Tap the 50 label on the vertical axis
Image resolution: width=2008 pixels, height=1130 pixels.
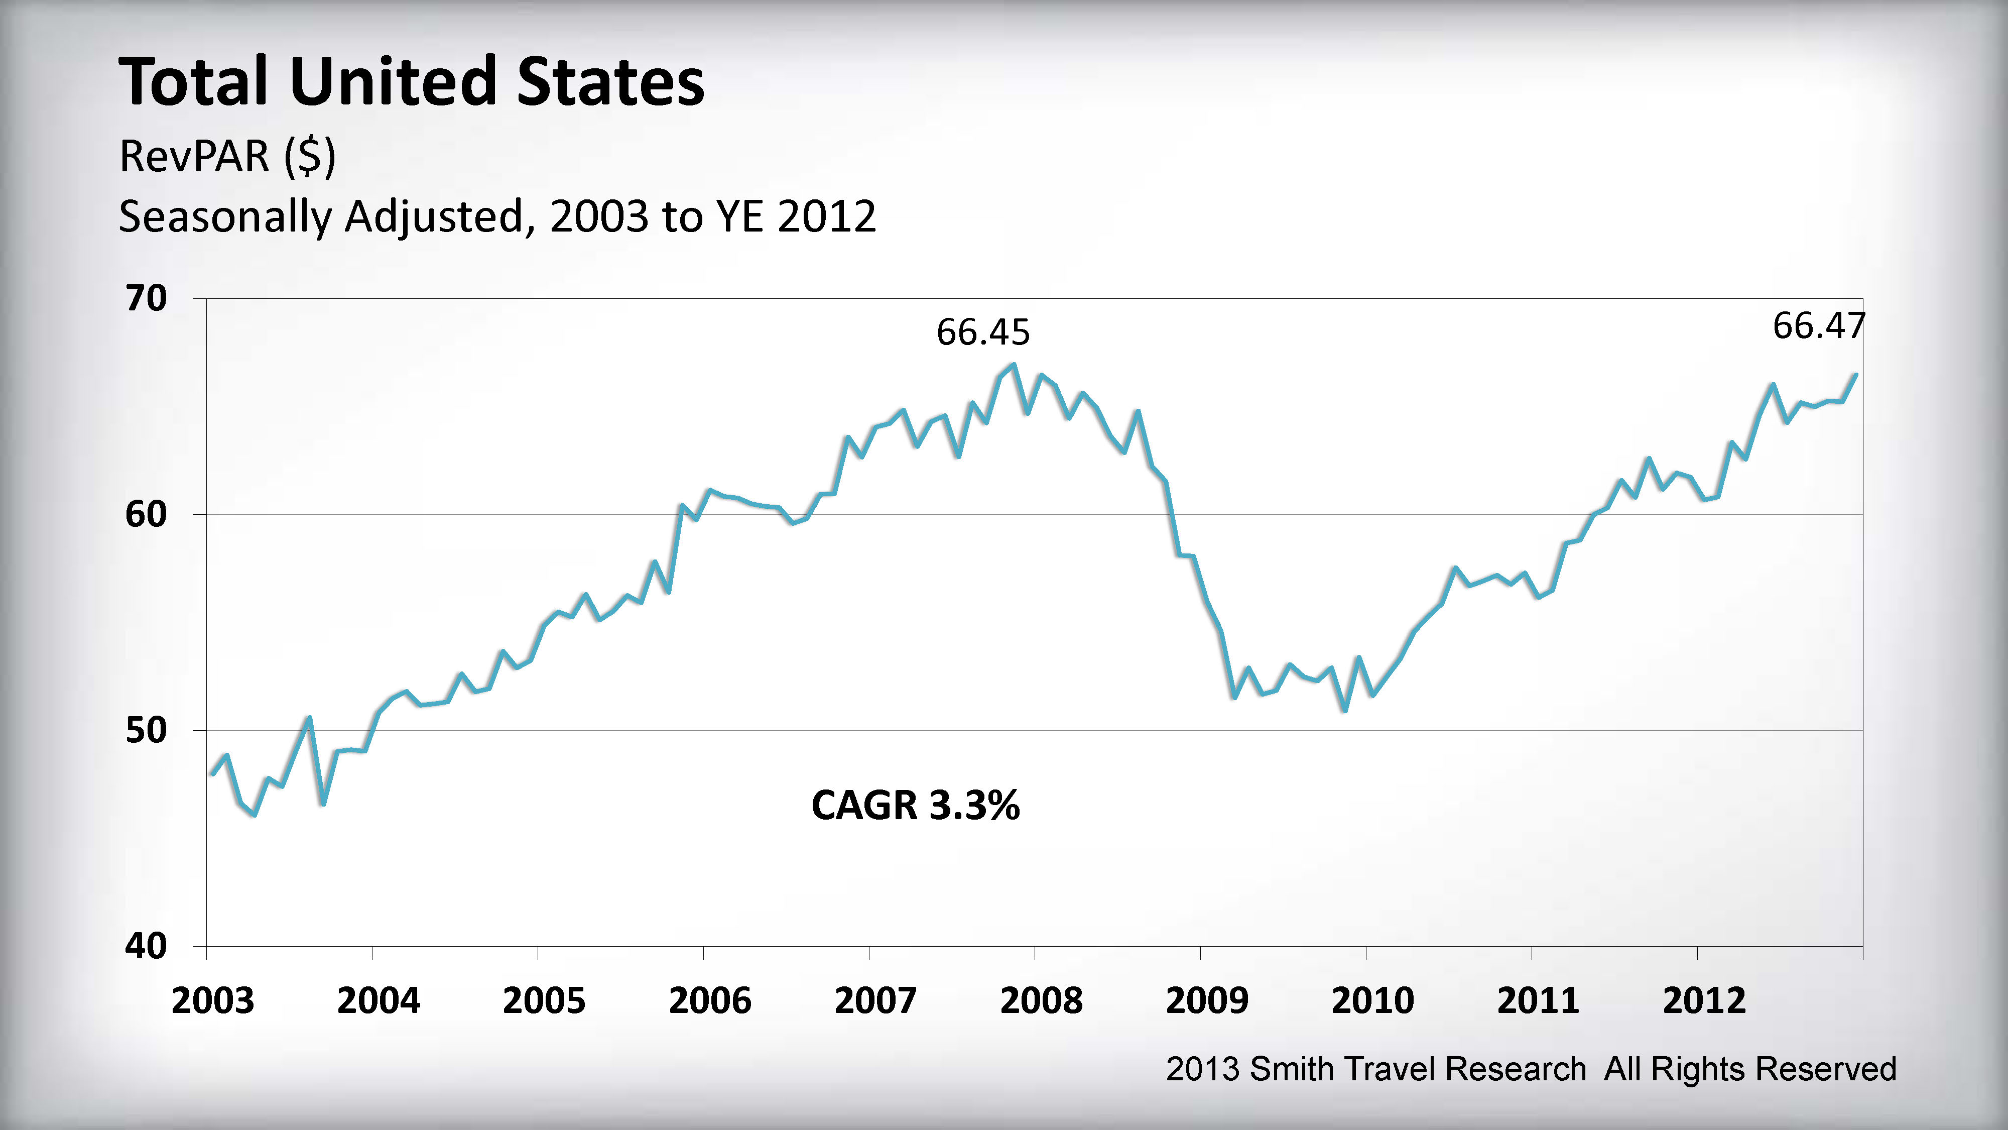(x=147, y=731)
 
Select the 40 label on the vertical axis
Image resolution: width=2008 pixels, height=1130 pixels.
(x=147, y=946)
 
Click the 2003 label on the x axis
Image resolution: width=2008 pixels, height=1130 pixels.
(x=213, y=1000)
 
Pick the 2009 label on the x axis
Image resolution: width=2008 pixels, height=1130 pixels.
(x=1207, y=1000)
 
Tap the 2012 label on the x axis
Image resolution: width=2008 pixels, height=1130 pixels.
(x=1704, y=1000)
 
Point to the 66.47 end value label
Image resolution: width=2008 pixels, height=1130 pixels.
(x=1819, y=326)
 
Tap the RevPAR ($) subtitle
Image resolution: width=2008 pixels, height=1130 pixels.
(x=227, y=156)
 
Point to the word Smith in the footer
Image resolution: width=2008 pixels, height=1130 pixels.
(x=1289, y=1069)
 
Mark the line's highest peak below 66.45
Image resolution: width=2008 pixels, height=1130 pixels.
(x=1014, y=364)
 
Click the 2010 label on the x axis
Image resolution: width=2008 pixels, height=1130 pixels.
(x=1372, y=1000)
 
